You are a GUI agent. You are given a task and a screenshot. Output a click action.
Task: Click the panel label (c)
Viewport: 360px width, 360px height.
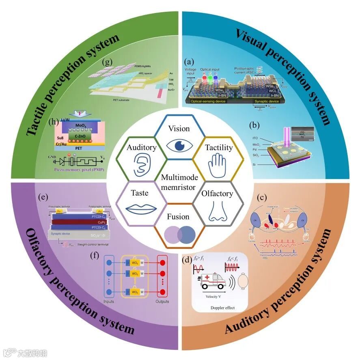pos(263,198)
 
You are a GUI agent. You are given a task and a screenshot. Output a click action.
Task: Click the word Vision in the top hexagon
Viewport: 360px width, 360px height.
pos(179,129)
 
